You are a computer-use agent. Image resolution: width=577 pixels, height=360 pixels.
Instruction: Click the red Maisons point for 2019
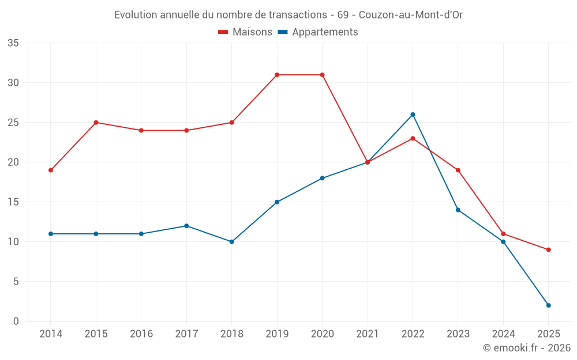pyautogui.click(x=277, y=75)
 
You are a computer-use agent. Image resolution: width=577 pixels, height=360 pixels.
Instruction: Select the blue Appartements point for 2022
pyautogui.click(x=413, y=115)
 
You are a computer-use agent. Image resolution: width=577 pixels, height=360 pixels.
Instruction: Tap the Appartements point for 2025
pyautogui.click(x=549, y=305)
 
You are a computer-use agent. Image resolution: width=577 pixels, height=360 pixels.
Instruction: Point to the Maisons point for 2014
pyautogui.click(x=51, y=170)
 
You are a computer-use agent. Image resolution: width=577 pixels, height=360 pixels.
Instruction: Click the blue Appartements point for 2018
pyautogui.click(x=232, y=242)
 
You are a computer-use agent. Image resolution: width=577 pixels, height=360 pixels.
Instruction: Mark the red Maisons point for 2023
pyautogui.click(x=458, y=170)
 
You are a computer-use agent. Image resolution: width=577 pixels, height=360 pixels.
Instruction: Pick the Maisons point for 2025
pyautogui.click(x=549, y=250)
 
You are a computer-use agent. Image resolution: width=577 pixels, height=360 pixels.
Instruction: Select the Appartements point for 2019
pyautogui.click(x=277, y=202)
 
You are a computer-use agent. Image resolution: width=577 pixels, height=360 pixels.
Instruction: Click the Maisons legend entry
pyautogui.click(x=245, y=32)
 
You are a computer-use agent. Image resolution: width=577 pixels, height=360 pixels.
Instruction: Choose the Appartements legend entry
pyautogui.click(x=318, y=32)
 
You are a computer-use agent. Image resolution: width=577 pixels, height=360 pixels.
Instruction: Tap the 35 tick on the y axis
pyautogui.click(x=13, y=43)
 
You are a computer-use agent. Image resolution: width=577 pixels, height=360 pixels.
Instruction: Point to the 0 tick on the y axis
pyautogui.click(x=16, y=321)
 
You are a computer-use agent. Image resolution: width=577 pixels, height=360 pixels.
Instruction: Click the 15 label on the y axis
pyautogui.click(x=13, y=202)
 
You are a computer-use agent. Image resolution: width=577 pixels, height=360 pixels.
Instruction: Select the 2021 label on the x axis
pyautogui.click(x=368, y=334)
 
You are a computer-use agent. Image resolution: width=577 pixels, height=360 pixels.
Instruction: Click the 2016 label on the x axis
pyautogui.click(x=141, y=334)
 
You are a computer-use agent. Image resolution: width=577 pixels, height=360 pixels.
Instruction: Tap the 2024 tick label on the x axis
pyautogui.click(x=503, y=334)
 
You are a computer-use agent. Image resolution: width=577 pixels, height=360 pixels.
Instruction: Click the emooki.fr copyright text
pyautogui.click(x=527, y=348)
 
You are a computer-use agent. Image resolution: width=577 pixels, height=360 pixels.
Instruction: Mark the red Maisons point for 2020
pyautogui.click(x=322, y=75)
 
